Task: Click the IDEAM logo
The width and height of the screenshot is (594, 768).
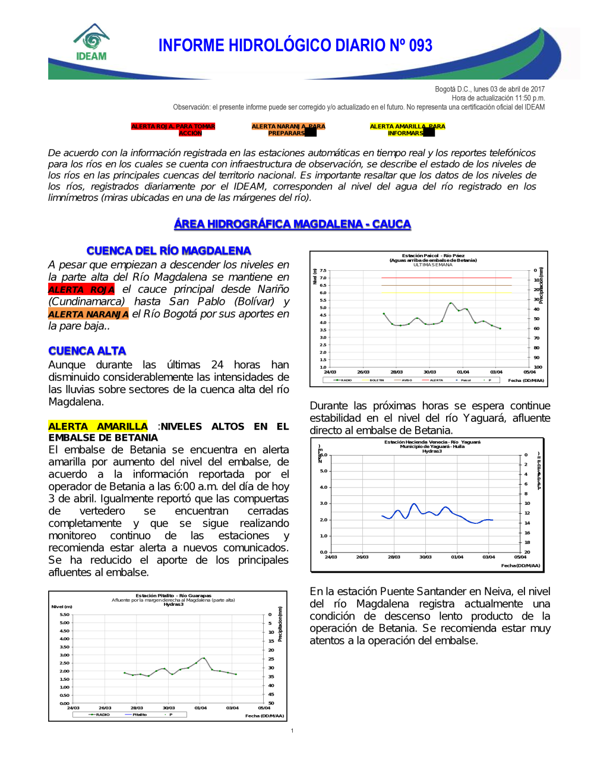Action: click(91, 43)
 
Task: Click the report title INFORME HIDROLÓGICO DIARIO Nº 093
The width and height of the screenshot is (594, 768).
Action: click(295, 46)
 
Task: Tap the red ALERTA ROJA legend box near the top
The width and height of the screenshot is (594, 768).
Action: click(173, 129)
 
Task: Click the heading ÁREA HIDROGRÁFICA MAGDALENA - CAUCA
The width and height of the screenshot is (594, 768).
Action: click(292, 224)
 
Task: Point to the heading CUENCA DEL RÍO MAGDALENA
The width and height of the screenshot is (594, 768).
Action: click(169, 251)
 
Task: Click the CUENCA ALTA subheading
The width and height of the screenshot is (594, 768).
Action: click(87, 351)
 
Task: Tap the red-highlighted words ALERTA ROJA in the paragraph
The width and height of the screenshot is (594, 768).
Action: click(81, 289)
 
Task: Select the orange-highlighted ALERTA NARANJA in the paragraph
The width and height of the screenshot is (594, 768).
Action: click(89, 314)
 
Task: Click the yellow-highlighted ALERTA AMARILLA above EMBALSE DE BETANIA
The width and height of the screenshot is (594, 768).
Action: click(98, 426)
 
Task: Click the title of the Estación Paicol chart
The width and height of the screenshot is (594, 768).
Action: click(433, 258)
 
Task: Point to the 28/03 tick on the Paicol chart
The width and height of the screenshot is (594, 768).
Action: click(396, 372)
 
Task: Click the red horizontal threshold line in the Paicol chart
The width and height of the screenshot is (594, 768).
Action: click(445, 277)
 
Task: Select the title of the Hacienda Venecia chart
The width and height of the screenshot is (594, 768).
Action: click(432, 446)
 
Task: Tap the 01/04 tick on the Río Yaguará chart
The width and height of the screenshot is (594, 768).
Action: click(457, 557)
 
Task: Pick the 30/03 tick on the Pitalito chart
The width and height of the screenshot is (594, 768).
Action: click(169, 707)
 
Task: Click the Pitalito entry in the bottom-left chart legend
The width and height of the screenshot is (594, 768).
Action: click(139, 715)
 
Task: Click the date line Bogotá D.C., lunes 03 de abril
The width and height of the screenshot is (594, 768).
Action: click(489, 89)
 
